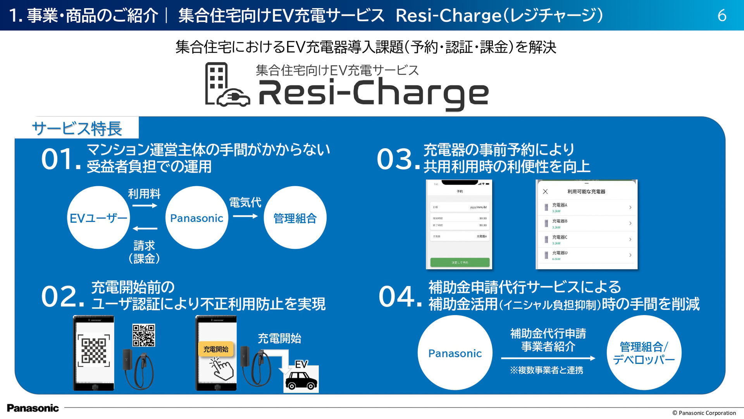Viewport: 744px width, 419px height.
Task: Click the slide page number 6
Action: [x=722, y=16]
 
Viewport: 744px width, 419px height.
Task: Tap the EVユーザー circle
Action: [x=98, y=218]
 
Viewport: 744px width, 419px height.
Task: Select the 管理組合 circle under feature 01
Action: [x=295, y=218]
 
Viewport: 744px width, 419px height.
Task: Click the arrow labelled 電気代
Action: [x=245, y=216]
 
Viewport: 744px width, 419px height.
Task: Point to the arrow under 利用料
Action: [x=145, y=206]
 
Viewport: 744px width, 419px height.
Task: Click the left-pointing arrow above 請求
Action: [x=145, y=229]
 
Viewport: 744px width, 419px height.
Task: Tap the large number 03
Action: [x=395, y=159]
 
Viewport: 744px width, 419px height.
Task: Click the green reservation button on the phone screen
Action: [x=460, y=262]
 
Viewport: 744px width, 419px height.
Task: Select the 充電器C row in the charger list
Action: [x=587, y=239]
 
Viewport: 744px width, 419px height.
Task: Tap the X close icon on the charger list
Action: [x=545, y=192]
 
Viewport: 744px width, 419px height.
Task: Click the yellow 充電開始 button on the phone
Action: [x=216, y=349]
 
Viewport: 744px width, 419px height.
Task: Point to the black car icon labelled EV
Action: [x=301, y=381]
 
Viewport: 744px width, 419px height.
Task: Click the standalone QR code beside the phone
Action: [x=144, y=335]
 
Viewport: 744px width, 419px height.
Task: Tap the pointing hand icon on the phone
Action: [x=222, y=369]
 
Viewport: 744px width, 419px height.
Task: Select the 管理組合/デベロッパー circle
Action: [x=644, y=353]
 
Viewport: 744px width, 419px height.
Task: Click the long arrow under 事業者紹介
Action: [x=548, y=358]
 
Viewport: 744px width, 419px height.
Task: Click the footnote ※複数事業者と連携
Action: [x=546, y=371]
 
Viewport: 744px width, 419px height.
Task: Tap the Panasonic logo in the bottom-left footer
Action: [x=33, y=408]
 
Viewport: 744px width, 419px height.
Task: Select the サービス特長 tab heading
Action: [x=77, y=128]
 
